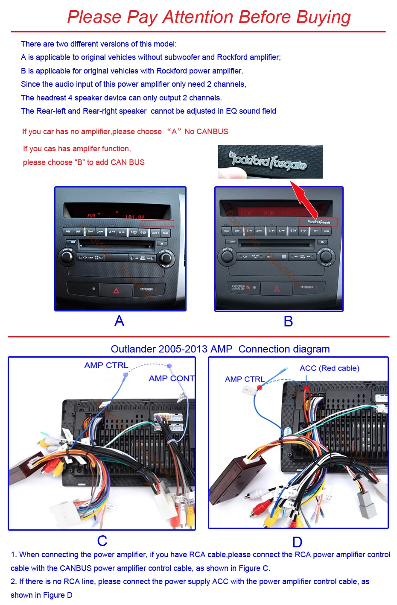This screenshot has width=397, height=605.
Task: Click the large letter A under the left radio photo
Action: tap(120, 321)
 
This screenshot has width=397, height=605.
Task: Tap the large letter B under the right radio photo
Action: tap(288, 321)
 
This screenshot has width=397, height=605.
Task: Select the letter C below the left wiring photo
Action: tap(102, 541)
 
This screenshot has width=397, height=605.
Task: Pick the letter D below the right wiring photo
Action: tap(297, 542)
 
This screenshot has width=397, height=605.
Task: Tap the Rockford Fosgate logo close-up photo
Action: tap(270, 162)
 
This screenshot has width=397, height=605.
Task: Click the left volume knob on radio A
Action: tap(67, 256)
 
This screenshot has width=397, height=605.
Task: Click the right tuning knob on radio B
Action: tap(326, 256)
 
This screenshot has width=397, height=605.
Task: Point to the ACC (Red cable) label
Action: tap(329, 368)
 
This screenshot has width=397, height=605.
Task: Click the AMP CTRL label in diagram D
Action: tap(245, 379)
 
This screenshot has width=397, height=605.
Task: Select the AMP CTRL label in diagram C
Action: tap(106, 365)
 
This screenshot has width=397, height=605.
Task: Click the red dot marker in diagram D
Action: tap(260, 388)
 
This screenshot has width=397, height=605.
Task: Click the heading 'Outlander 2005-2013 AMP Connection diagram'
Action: tap(220, 349)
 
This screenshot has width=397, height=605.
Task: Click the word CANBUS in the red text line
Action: tap(212, 132)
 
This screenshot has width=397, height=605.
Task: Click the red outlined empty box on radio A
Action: tap(158, 223)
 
